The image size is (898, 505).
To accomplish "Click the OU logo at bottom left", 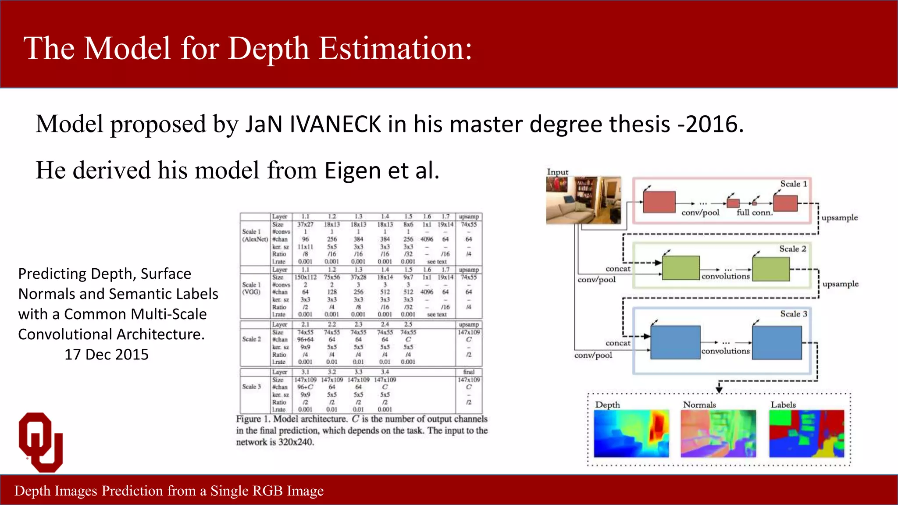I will (41, 442).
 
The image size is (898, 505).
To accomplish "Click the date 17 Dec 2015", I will (107, 354).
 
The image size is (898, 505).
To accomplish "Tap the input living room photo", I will (583, 200).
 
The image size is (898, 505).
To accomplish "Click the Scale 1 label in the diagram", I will (793, 184).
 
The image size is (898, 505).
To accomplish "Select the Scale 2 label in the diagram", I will (792, 249).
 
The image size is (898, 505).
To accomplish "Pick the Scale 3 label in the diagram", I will (793, 314).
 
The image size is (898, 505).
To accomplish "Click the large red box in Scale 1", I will (659, 203).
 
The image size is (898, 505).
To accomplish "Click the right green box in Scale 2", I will (771, 269).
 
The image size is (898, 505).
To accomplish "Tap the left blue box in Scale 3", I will (675, 342).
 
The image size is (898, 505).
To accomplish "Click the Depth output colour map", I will (631, 434).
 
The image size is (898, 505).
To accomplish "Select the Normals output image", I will (718, 434).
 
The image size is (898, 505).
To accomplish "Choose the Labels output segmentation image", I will (806, 434).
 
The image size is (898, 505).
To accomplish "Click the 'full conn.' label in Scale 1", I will (754, 213).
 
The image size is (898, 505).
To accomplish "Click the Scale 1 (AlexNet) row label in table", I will (254, 235).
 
